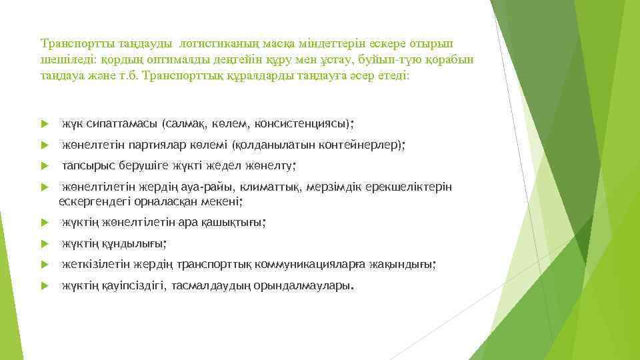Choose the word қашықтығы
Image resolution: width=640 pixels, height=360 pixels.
(230, 223)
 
